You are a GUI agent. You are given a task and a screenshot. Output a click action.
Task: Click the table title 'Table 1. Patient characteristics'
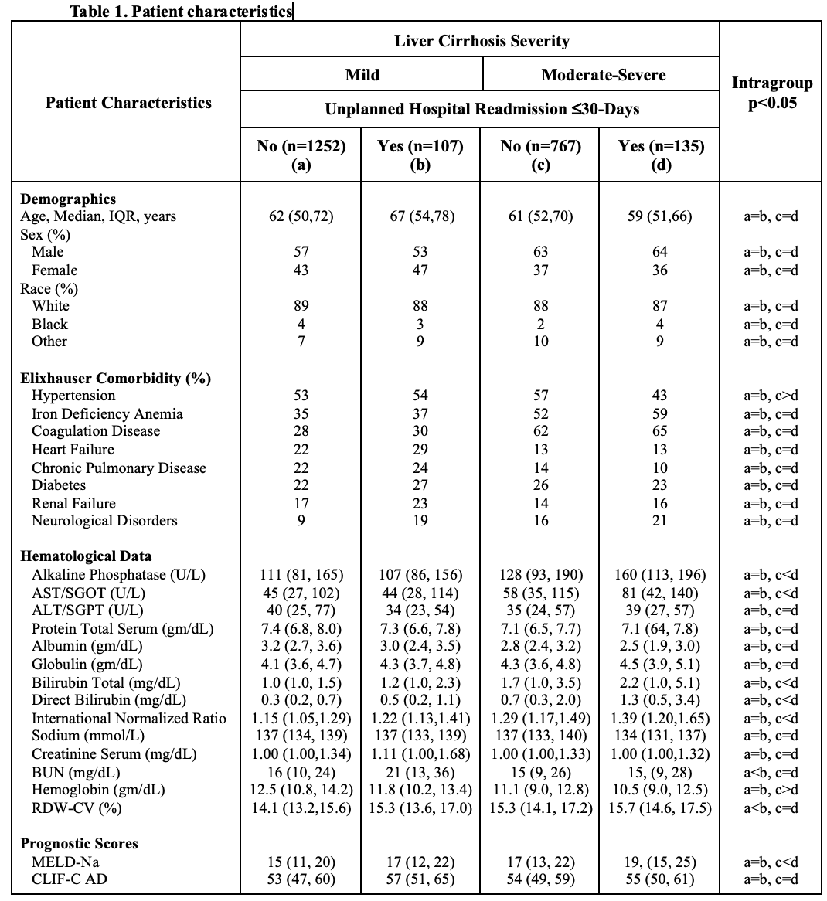(x=181, y=12)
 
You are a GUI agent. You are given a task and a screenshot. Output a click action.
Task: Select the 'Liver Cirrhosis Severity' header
(x=482, y=41)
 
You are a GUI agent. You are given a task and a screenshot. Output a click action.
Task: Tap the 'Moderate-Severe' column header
(x=603, y=75)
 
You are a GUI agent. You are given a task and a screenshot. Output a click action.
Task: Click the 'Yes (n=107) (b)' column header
(x=420, y=155)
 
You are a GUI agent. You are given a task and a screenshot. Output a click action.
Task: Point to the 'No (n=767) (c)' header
(x=540, y=155)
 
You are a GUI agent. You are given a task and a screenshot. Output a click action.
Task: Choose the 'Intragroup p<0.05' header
(x=771, y=93)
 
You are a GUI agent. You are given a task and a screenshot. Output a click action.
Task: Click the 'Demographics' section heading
(x=68, y=199)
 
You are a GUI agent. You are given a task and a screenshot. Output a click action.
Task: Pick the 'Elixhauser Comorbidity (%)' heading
(x=115, y=378)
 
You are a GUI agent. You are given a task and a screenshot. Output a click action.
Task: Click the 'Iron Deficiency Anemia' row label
(x=107, y=413)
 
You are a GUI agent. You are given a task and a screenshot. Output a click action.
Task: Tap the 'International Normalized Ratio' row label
(x=129, y=718)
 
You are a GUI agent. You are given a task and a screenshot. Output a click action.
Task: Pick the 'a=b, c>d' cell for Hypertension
(x=771, y=396)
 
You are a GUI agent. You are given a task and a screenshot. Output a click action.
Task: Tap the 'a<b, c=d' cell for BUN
(x=771, y=772)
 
